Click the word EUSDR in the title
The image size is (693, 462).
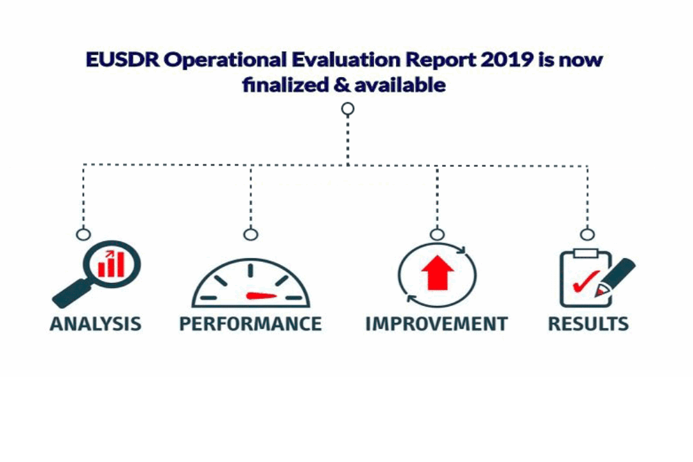[121, 60]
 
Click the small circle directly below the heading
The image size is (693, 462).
[348, 109]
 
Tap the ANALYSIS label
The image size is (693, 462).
[96, 323]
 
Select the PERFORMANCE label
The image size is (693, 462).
[250, 323]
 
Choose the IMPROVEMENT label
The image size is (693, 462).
[436, 323]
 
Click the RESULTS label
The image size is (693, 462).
[588, 323]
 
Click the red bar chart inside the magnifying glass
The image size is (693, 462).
[111, 264]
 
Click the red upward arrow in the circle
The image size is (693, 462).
[438, 272]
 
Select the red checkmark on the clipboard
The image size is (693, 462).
[586, 281]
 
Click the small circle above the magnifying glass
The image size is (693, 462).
[83, 234]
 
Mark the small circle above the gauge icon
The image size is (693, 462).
[251, 234]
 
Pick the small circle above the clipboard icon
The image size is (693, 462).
[587, 234]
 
